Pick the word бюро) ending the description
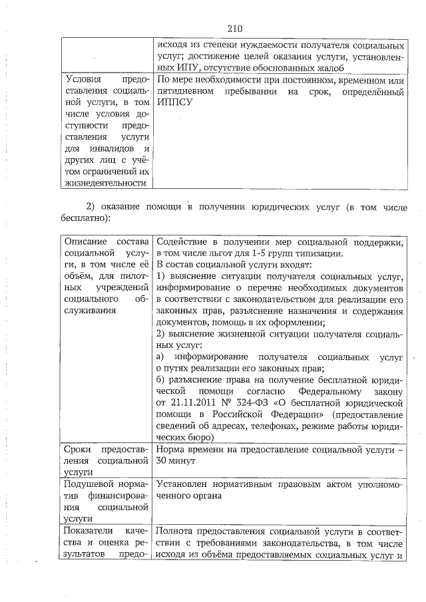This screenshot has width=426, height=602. pyautogui.click(x=198, y=438)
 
